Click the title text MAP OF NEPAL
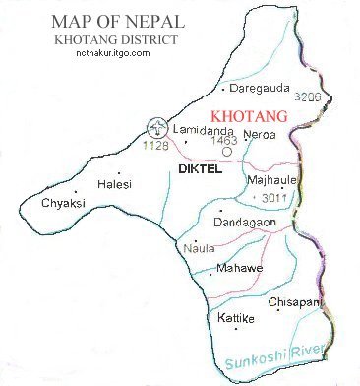(99, 21)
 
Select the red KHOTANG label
(249, 117)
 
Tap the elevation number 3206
(307, 98)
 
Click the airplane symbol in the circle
(154, 127)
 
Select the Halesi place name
(115, 184)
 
